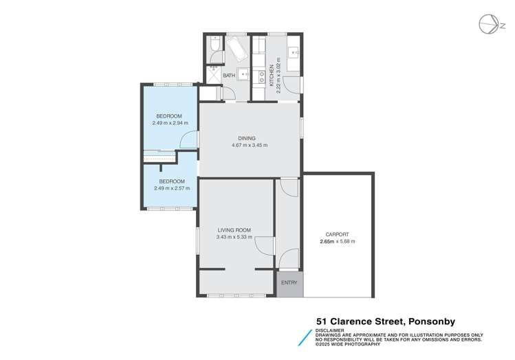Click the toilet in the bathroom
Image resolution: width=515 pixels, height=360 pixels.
[x=214, y=45]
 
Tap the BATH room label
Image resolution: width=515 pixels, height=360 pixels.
[x=228, y=76]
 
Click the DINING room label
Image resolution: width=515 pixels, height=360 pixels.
[x=248, y=137]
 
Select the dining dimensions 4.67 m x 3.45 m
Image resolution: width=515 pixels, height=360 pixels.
[x=248, y=145]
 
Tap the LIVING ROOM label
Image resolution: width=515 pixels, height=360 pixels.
[x=234, y=230]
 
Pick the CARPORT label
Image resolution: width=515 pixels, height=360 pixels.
[x=336, y=234]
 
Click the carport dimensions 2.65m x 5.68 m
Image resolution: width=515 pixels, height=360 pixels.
[x=336, y=242]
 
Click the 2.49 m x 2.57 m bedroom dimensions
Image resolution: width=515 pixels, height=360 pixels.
[x=171, y=188]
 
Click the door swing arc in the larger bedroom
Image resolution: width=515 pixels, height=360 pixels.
[x=186, y=140]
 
